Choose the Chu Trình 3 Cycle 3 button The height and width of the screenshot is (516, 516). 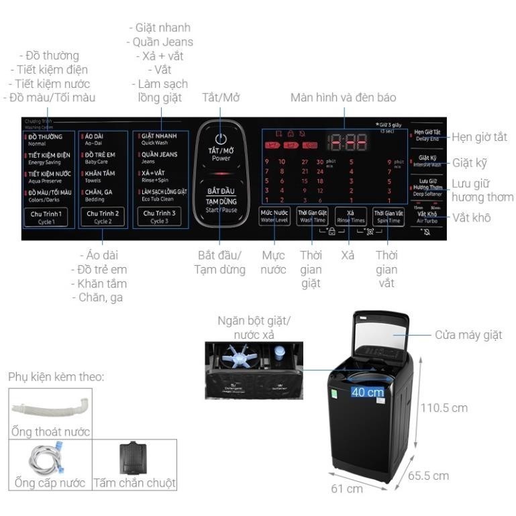pyautogui.click(x=159, y=217)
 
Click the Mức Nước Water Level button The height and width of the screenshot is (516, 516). pyautogui.click(x=274, y=216)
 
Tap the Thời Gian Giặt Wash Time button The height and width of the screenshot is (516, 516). pyautogui.click(x=313, y=216)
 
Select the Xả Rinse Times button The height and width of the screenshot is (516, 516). pyautogui.click(x=351, y=216)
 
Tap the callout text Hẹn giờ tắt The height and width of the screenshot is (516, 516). pyautogui.click(x=478, y=137)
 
